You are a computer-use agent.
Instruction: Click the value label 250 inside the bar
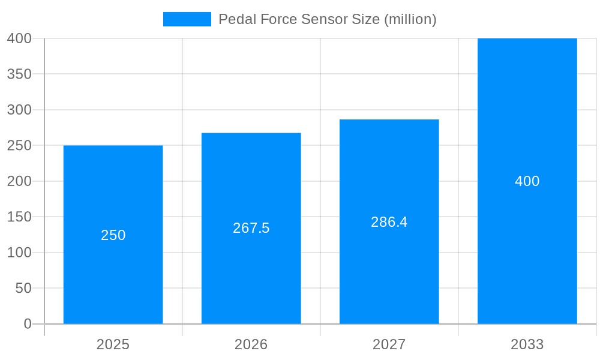coord(113,235)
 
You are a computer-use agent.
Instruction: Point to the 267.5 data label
coord(251,228)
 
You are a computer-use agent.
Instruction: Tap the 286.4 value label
coord(389,222)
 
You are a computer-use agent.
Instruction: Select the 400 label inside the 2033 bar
coord(527,181)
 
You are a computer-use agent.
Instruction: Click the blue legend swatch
coord(187,19)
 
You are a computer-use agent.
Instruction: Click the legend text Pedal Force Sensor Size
coord(299,19)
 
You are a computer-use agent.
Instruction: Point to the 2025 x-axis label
coord(113,344)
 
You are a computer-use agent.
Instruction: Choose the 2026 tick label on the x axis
coord(251,344)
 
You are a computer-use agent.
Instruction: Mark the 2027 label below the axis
coord(389,344)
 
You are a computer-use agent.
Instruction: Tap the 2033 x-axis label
coord(527,344)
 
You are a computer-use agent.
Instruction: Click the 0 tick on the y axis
coord(28,324)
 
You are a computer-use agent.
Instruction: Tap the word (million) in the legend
coord(410,19)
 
